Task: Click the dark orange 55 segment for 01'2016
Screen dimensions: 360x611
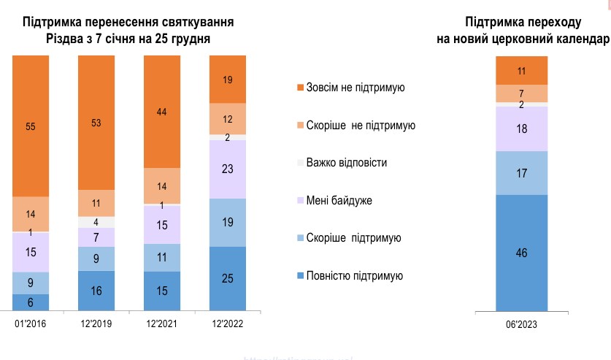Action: (x=31, y=126)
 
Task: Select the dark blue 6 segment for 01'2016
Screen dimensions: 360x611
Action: (x=31, y=302)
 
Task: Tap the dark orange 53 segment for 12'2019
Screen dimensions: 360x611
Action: (x=96, y=122)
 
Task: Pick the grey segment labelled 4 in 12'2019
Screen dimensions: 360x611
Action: (x=96, y=222)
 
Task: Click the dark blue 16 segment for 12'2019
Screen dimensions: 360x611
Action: (x=96, y=291)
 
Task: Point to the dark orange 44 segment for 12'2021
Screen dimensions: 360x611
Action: (x=162, y=111)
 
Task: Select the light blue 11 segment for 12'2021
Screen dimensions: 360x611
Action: (x=162, y=257)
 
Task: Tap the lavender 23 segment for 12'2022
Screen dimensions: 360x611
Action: (x=228, y=169)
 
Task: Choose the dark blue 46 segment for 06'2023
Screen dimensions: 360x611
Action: (x=521, y=253)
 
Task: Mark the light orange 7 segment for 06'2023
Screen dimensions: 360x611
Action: (x=521, y=93)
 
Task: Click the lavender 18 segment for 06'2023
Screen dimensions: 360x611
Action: (x=521, y=129)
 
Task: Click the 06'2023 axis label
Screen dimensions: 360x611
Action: (x=520, y=326)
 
